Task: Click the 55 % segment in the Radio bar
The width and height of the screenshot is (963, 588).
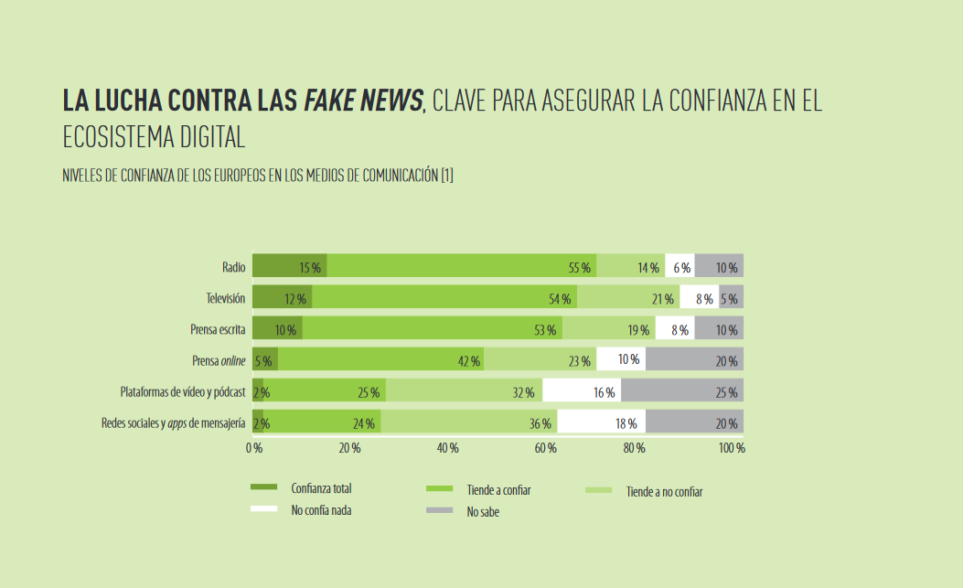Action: [462, 266]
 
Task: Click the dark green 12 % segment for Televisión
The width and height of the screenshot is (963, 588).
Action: [282, 297]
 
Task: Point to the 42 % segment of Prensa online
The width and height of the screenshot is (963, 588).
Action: [380, 359]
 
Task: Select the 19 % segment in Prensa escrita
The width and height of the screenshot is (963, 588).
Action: [608, 328]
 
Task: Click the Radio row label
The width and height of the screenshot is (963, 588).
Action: [233, 267]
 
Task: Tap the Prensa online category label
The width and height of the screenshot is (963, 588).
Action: [218, 360]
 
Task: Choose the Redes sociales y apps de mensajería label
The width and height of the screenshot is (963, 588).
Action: [173, 422]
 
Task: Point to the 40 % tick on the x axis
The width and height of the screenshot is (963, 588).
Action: [447, 448]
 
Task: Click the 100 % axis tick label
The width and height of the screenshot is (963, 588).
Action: [732, 448]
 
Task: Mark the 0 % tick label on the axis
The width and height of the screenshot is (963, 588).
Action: [254, 448]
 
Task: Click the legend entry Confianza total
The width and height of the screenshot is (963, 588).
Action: [320, 489]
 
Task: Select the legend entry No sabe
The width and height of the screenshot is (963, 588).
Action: [482, 511]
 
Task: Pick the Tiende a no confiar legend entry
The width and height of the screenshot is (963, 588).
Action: [664, 491]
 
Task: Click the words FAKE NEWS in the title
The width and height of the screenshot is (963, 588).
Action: [363, 102]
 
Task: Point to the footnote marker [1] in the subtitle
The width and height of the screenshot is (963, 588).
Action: [446, 176]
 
